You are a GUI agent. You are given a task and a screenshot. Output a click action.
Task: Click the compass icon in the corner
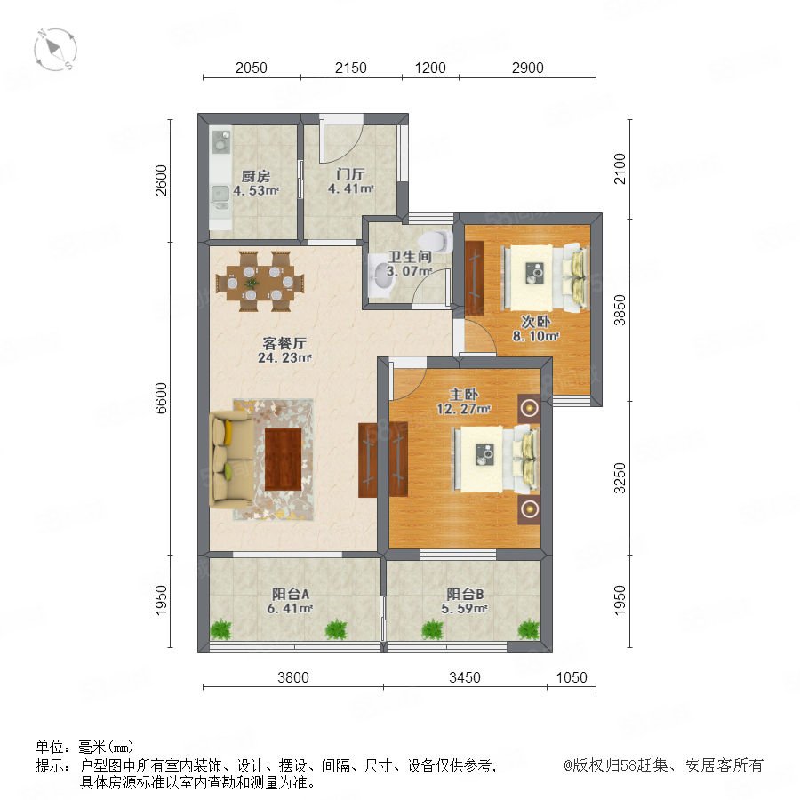pos(55,50)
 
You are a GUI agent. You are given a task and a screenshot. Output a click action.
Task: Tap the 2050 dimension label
pos(251,68)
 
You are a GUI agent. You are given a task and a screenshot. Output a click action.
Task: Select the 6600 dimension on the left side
pos(161,398)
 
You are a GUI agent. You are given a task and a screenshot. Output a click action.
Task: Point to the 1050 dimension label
pos(572,677)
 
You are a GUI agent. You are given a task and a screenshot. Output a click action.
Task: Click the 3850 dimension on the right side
pos(620,309)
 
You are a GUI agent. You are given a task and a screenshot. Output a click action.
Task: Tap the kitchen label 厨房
pos(256,177)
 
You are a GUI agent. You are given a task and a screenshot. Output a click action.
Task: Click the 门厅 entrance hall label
pos(350,174)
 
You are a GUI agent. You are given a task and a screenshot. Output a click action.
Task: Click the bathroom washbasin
pos(379,276)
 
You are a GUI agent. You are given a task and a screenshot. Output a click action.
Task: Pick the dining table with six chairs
pos(260,281)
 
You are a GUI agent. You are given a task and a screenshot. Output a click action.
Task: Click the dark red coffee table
pos(284,460)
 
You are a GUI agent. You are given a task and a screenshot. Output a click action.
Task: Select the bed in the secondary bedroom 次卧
pos(544,277)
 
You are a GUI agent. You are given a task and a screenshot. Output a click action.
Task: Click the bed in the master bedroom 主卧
pos(494,460)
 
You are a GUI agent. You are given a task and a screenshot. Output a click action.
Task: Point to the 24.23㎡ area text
pos(284,357)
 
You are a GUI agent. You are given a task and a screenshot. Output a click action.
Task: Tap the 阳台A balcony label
pos(291,594)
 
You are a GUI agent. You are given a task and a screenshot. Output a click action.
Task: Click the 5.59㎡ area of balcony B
pos(464,609)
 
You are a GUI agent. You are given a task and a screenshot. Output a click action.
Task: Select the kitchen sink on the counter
pos(220,196)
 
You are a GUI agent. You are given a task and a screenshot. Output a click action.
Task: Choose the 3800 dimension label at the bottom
pos(292,677)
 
